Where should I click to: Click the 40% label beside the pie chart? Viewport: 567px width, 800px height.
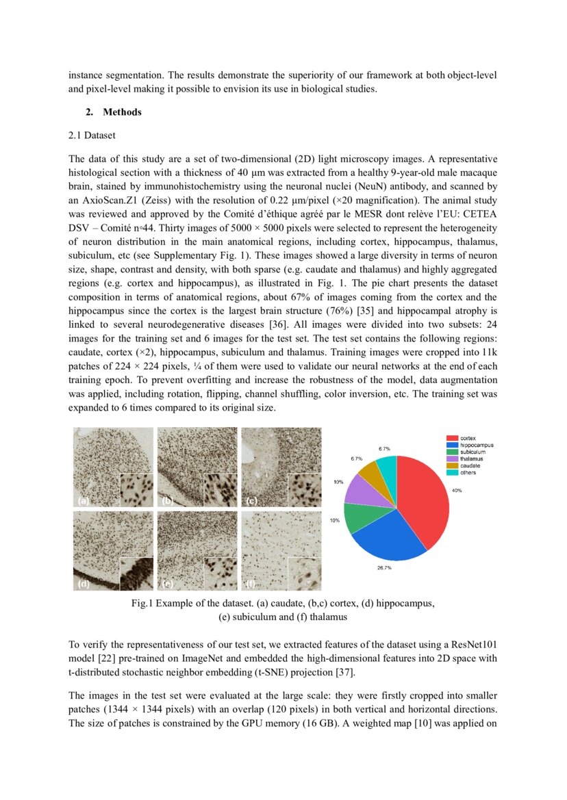(x=457, y=490)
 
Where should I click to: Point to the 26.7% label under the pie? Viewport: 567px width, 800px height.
(x=384, y=567)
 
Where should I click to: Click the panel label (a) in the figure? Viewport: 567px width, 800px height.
(x=83, y=501)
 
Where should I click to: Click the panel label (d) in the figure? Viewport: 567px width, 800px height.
(x=83, y=584)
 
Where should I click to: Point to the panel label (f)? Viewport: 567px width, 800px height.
(x=251, y=584)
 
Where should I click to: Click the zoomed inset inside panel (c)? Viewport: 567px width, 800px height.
(x=304, y=490)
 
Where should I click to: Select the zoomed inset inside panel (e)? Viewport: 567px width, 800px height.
(x=220, y=573)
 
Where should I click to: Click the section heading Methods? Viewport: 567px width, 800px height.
(x=122, y=112)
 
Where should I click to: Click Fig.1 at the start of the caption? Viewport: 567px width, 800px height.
(x=142, y=604)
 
